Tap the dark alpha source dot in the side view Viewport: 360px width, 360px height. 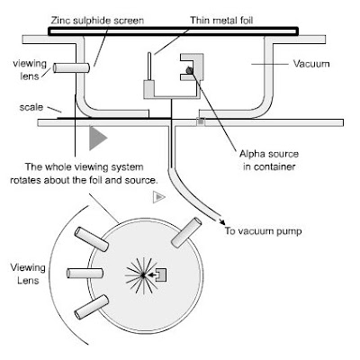click(x=189, y=70)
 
